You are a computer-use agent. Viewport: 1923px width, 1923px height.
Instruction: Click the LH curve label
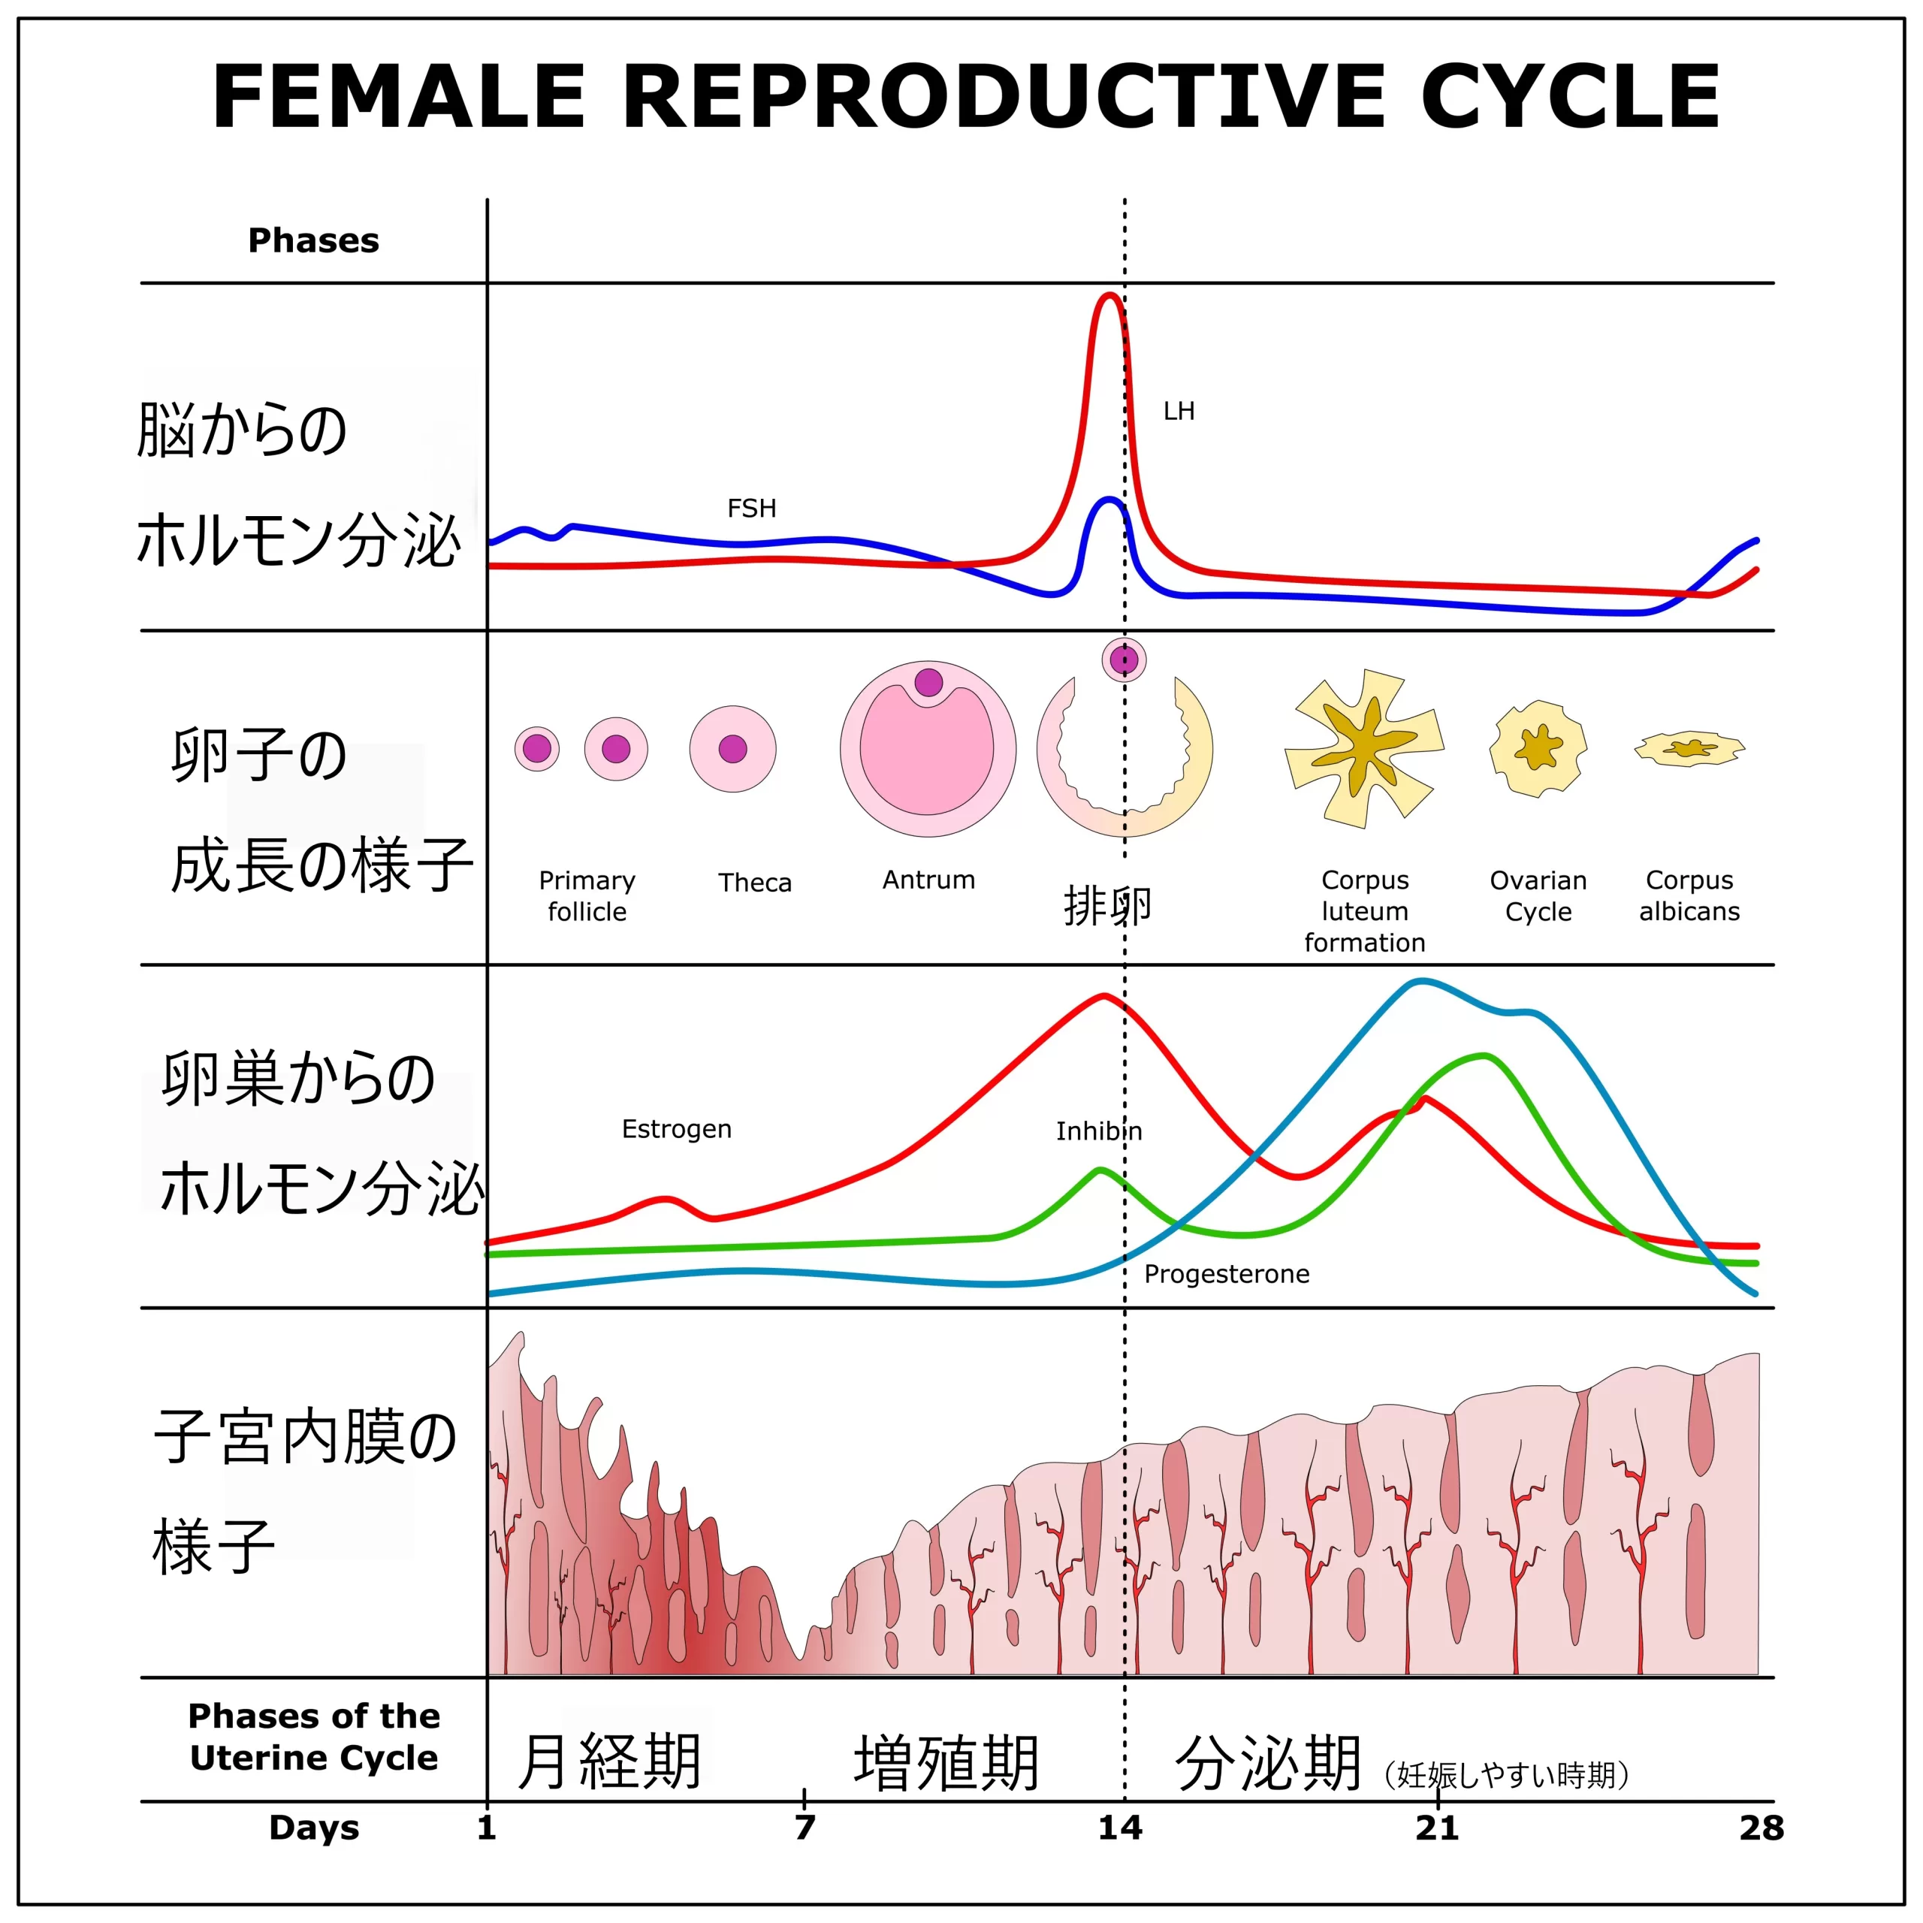[x=1179, y=411]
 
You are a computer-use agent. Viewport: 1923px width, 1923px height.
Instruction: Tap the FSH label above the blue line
[x=751, y=509]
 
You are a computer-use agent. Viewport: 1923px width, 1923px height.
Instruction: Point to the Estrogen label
[x=677, y=1129]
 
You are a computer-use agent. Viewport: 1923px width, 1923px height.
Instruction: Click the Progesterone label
[x=1226, y=1274]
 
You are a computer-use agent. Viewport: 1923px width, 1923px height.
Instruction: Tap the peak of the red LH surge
[x=1109, y=296]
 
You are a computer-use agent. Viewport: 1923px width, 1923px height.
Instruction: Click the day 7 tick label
[x=805, y=1828]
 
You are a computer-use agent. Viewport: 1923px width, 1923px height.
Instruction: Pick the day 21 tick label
[x=1437, y=1828]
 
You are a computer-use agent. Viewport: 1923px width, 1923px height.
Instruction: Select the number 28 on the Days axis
[x=1761, y=1828]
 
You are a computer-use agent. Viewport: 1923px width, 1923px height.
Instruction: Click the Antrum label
[x=928, y=880]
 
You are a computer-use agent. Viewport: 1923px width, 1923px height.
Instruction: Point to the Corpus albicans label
[x=1689, y=896]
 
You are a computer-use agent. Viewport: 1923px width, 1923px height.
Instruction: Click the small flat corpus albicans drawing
[x=1689, y=748]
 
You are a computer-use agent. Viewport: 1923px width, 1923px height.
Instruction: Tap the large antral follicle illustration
[x=928, y=748]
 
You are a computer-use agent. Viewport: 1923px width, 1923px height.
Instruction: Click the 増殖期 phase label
[x=946, y=1764]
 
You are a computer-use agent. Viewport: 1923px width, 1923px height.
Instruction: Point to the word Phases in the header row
[x=313, y=241]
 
